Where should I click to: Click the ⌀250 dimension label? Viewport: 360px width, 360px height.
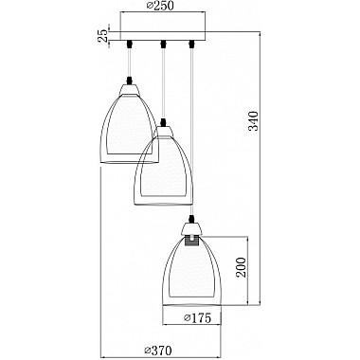coord(160,6)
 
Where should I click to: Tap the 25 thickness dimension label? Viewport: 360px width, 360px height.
coord(102,36)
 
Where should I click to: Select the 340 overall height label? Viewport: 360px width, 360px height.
coord(253,120)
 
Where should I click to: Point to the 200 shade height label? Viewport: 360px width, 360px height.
coord(242,267)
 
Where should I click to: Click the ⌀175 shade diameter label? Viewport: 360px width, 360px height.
coord(197,317)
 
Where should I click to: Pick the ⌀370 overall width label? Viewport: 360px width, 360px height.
coord(157,350)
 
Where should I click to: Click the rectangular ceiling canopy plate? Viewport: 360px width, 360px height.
coord(162,35)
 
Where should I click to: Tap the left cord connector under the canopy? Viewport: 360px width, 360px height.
coord(129,44)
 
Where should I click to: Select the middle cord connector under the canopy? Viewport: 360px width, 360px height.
coord(163,44)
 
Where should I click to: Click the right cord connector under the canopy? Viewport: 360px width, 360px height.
coord(190,44)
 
